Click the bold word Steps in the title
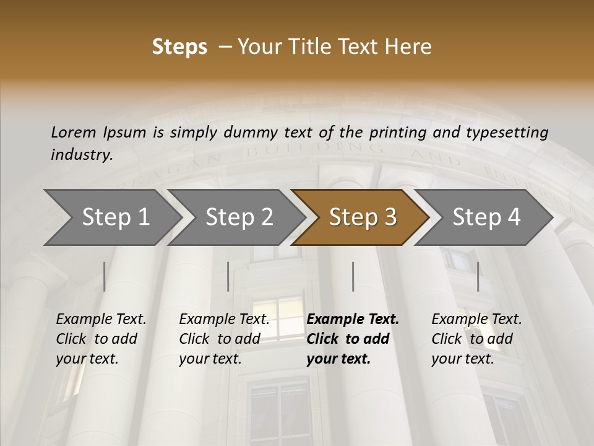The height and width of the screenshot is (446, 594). coord(179,47)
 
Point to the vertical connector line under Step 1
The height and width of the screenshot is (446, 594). coord(105,276)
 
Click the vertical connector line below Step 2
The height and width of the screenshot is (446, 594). coord(228,276)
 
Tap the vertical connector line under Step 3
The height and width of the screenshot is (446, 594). coord(353,276)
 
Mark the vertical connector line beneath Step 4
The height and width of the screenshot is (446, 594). coord(478,276)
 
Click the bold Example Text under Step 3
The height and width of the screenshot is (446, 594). coord(353,320)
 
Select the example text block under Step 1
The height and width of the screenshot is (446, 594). coord(101,339)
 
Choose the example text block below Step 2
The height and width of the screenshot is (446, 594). coord(224,339)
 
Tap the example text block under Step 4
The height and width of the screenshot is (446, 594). coord(476,339)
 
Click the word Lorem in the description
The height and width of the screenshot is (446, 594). coord(74,133)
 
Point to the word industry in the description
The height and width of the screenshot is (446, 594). coord(82,155)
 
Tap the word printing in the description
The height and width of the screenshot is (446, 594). coord(397,133)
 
